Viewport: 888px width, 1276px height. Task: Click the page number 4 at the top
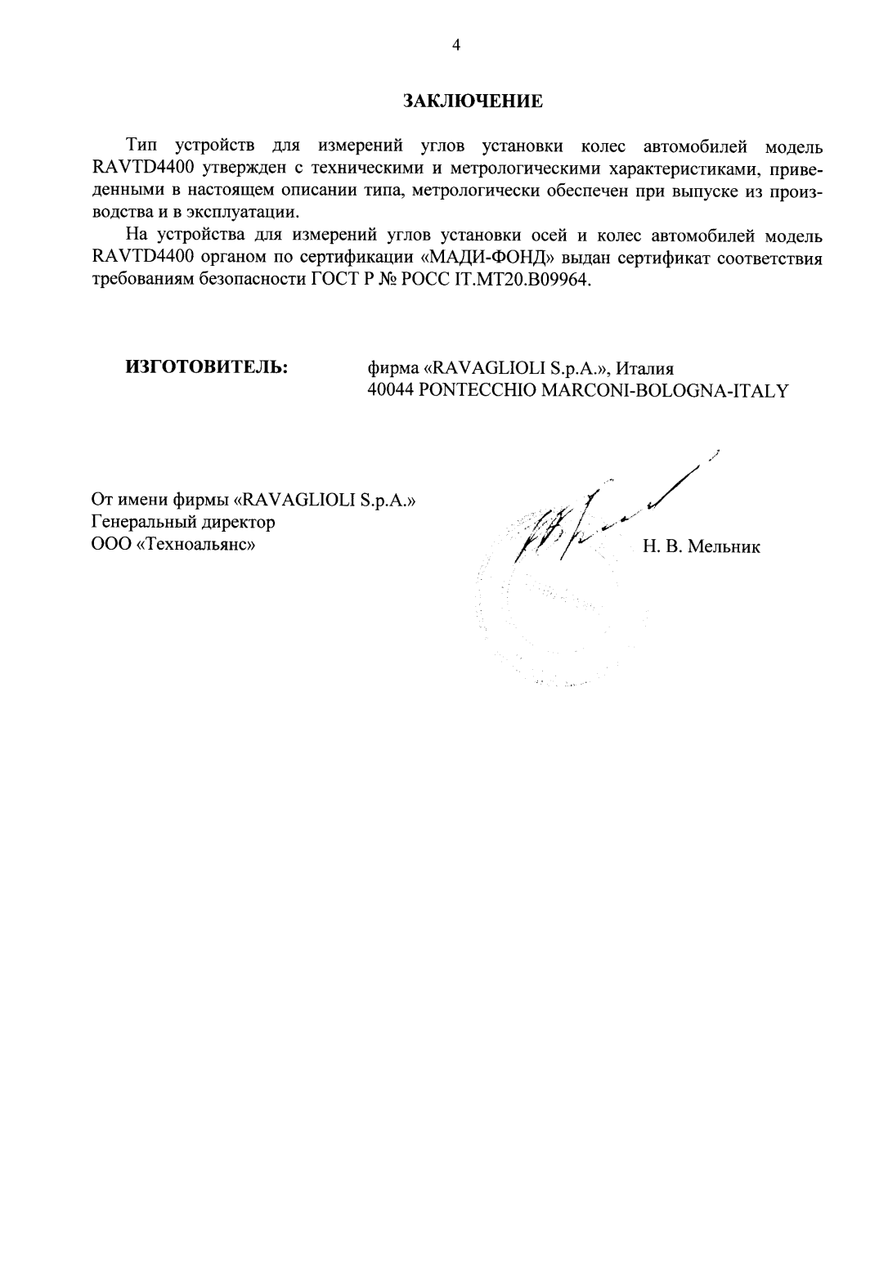pyautogui.click(x=456, y=46)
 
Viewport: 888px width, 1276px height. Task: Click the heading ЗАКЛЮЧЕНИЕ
pyautogui.click(x=473, y=101)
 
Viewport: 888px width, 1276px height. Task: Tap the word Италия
pyautogui.click(x=644, y=367)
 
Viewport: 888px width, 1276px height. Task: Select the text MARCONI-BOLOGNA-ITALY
pyautogui.click(x=666, y=390)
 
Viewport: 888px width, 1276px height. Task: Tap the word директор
pyautogui.click(x=238, y=522)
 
